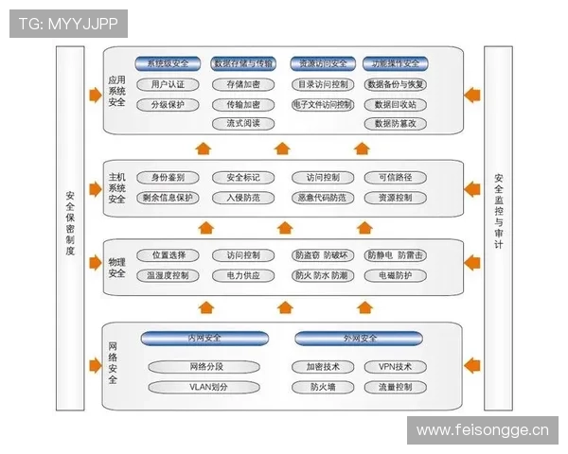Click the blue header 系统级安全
point(168,64)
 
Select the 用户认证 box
point(168,84)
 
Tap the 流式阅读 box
point(243,124)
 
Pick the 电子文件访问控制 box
point(322,104)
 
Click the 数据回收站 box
point(395,104)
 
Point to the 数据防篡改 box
point(395,124)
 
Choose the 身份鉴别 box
point(168,178)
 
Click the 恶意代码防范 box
point(322,198)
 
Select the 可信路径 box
point(395,178)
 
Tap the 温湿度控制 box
point(168,275)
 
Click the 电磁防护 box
point(395,275)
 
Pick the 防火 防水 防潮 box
point(322,275)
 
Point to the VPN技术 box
point(395,366)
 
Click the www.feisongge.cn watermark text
point(482,430)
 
